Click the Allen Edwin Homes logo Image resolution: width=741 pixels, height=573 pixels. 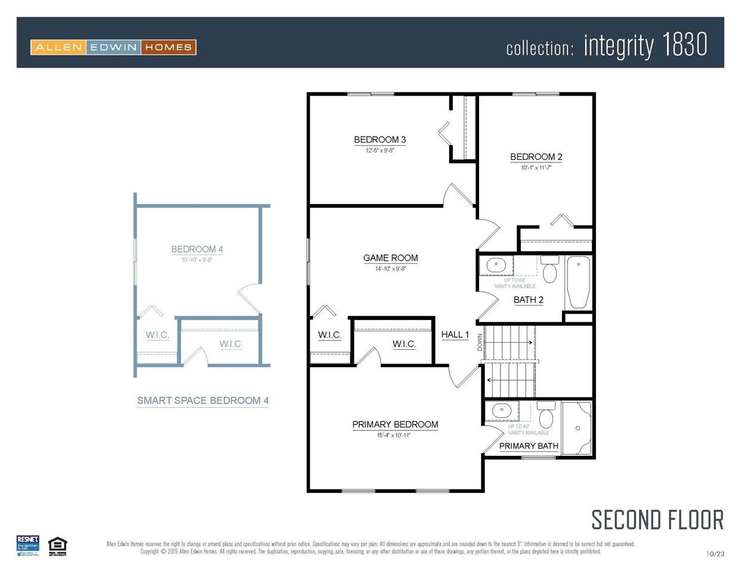click(x=113, y=47)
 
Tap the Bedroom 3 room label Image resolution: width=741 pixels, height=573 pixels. click(x=379, y=140)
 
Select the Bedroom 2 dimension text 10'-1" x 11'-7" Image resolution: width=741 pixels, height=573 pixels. click(x=536, y=168)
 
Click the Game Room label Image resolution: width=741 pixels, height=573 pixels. click(x=390, y=258)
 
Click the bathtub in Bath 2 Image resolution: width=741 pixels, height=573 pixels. click(x=578, y=282)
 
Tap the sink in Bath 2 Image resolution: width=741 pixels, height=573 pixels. click(x=496, y=264)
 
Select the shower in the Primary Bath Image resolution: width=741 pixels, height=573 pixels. click(x=577, y=428)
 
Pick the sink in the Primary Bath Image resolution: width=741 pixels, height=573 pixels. click(x=501, y=410)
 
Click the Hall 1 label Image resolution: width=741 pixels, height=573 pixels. click(x=455, y=334)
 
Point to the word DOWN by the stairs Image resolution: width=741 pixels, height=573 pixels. click(x=480, y=342)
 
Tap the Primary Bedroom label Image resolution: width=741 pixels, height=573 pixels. click(x=395, y=424)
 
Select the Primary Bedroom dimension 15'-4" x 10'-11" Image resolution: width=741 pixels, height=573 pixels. click(x=393, y=435)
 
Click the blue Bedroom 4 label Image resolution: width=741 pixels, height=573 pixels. click(x=197, y=249)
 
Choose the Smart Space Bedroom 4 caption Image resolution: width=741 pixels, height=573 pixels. click(x=203, y=401)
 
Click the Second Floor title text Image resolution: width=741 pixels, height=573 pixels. click(x=657, y=520)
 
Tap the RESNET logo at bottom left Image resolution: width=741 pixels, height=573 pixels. click(x=27, y=546)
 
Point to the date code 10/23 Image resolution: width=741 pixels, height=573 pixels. click(x=715, y=554)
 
